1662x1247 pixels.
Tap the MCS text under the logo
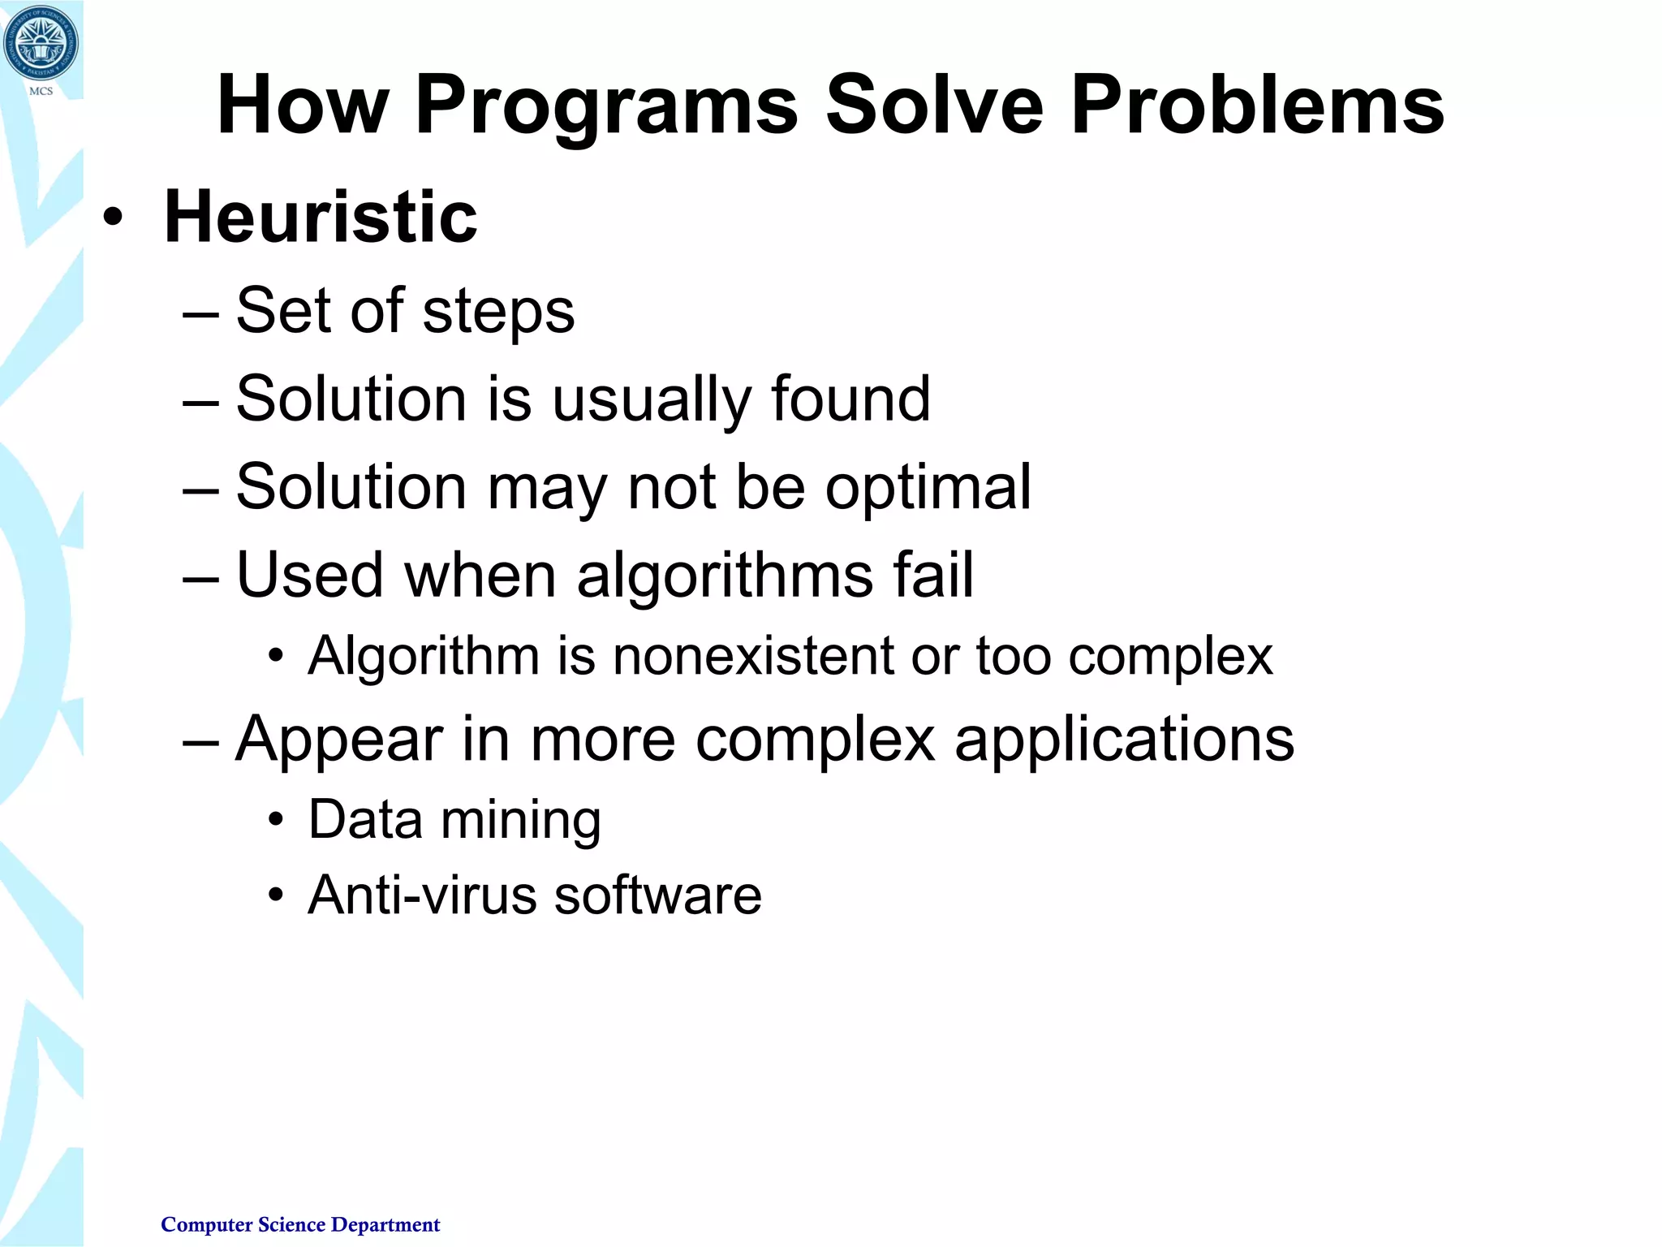(x=41, y=91)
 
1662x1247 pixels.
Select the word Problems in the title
(x=1257, y=106)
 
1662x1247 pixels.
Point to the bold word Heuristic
(x=321, y=217)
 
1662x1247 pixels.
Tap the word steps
(x=498, y=312)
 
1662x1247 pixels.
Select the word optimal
(x=928, y=487)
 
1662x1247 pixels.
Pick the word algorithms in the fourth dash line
(x=725, y=575)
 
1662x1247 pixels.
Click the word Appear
(x=339, y=740)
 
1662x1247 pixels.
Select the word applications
(x=1124, y=740)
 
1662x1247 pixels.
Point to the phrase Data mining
(x=454, y=820)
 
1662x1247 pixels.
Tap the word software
(x=658, y=895)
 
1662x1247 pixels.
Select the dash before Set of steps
(x=200, y=313)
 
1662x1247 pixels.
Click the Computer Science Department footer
(x=300, y=1224)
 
